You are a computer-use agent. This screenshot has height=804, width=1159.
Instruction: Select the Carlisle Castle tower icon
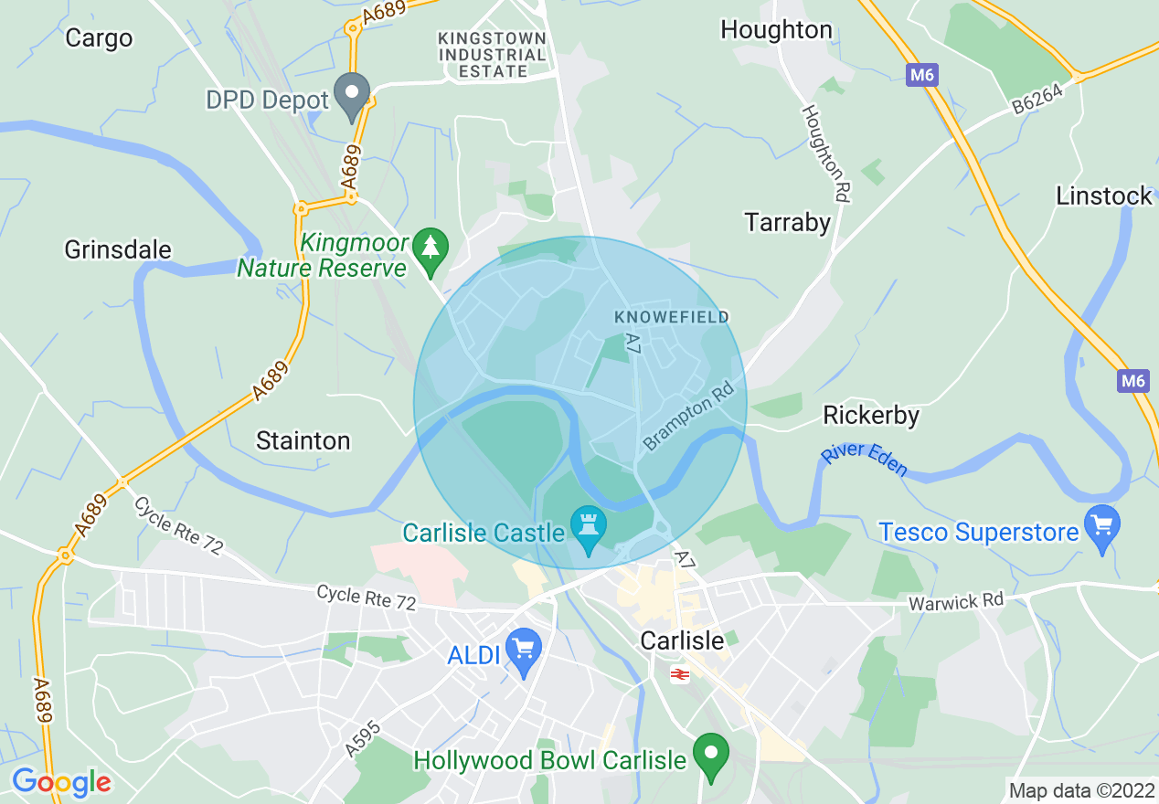click(x=588, y=528)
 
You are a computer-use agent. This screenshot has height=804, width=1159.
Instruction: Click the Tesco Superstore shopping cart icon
click(x=1101, y=528)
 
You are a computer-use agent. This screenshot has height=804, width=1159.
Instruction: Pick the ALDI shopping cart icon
click(x=524, y=651)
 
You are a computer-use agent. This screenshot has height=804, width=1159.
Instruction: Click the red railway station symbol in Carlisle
click(x=679, y=674)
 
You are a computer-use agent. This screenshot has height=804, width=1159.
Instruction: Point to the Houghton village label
click(x=776, y=30)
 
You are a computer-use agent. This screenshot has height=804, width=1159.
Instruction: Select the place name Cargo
click(x=99, y=38)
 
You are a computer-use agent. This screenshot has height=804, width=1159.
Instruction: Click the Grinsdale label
click(x=118, y=249)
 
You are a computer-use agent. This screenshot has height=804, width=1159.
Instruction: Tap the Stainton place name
click(x=303, y=440)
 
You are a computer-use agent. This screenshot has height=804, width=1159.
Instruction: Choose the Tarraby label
click(x=787, y=222)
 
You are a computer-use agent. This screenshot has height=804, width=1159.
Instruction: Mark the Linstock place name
click(x=1104, y=196)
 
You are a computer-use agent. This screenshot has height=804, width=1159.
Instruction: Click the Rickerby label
click(x=870, y=415)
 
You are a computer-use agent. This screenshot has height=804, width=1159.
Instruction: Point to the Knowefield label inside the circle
click(x=672, y=317)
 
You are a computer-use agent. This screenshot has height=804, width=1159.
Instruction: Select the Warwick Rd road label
click(x=955, y=602)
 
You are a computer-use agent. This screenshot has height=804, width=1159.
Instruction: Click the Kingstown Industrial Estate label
click(x=493, y=55)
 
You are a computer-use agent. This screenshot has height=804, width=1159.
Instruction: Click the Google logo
click(x=61, y=782)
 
